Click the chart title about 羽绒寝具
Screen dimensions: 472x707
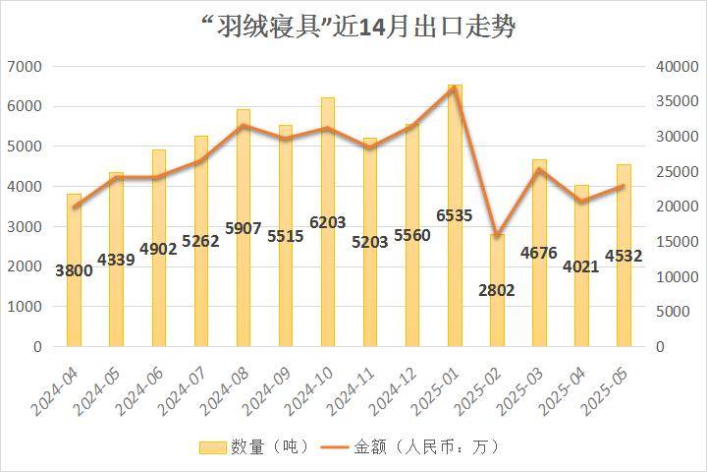pos(353,27)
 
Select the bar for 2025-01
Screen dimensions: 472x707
pos(455,216)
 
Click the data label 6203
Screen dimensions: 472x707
pos(327,223)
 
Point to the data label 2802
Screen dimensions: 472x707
pos(497,290)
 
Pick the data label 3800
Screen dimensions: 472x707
pos(74,270)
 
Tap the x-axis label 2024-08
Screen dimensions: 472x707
pos(229,389)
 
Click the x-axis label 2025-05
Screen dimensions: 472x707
pos(610,389)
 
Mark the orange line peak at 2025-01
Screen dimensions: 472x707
pos(455,88)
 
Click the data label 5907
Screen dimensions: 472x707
pos(243,228)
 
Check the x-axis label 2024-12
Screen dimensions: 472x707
pos(398,389)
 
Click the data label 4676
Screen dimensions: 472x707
pos(539,253)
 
